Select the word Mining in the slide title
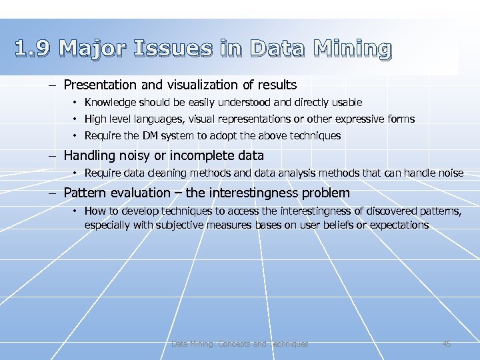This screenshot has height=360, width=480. pyautogui.click(x=352, y=49)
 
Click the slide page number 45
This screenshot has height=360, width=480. pyautogui.click(x=447, y=344)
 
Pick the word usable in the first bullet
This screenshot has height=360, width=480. pyautogui.click(x=345, y=102)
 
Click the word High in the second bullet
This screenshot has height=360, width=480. pyautogui.click(x=96, y=119)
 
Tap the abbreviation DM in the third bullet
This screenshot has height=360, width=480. pyautogui.click(x=150, y=135)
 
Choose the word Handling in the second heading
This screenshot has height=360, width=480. pyautogui.click(x=88, y=155)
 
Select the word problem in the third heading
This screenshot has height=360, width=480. pyautogui.click(x=326, y=193)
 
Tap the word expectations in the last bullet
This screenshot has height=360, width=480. pyautogui.click(x=399, y=225)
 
